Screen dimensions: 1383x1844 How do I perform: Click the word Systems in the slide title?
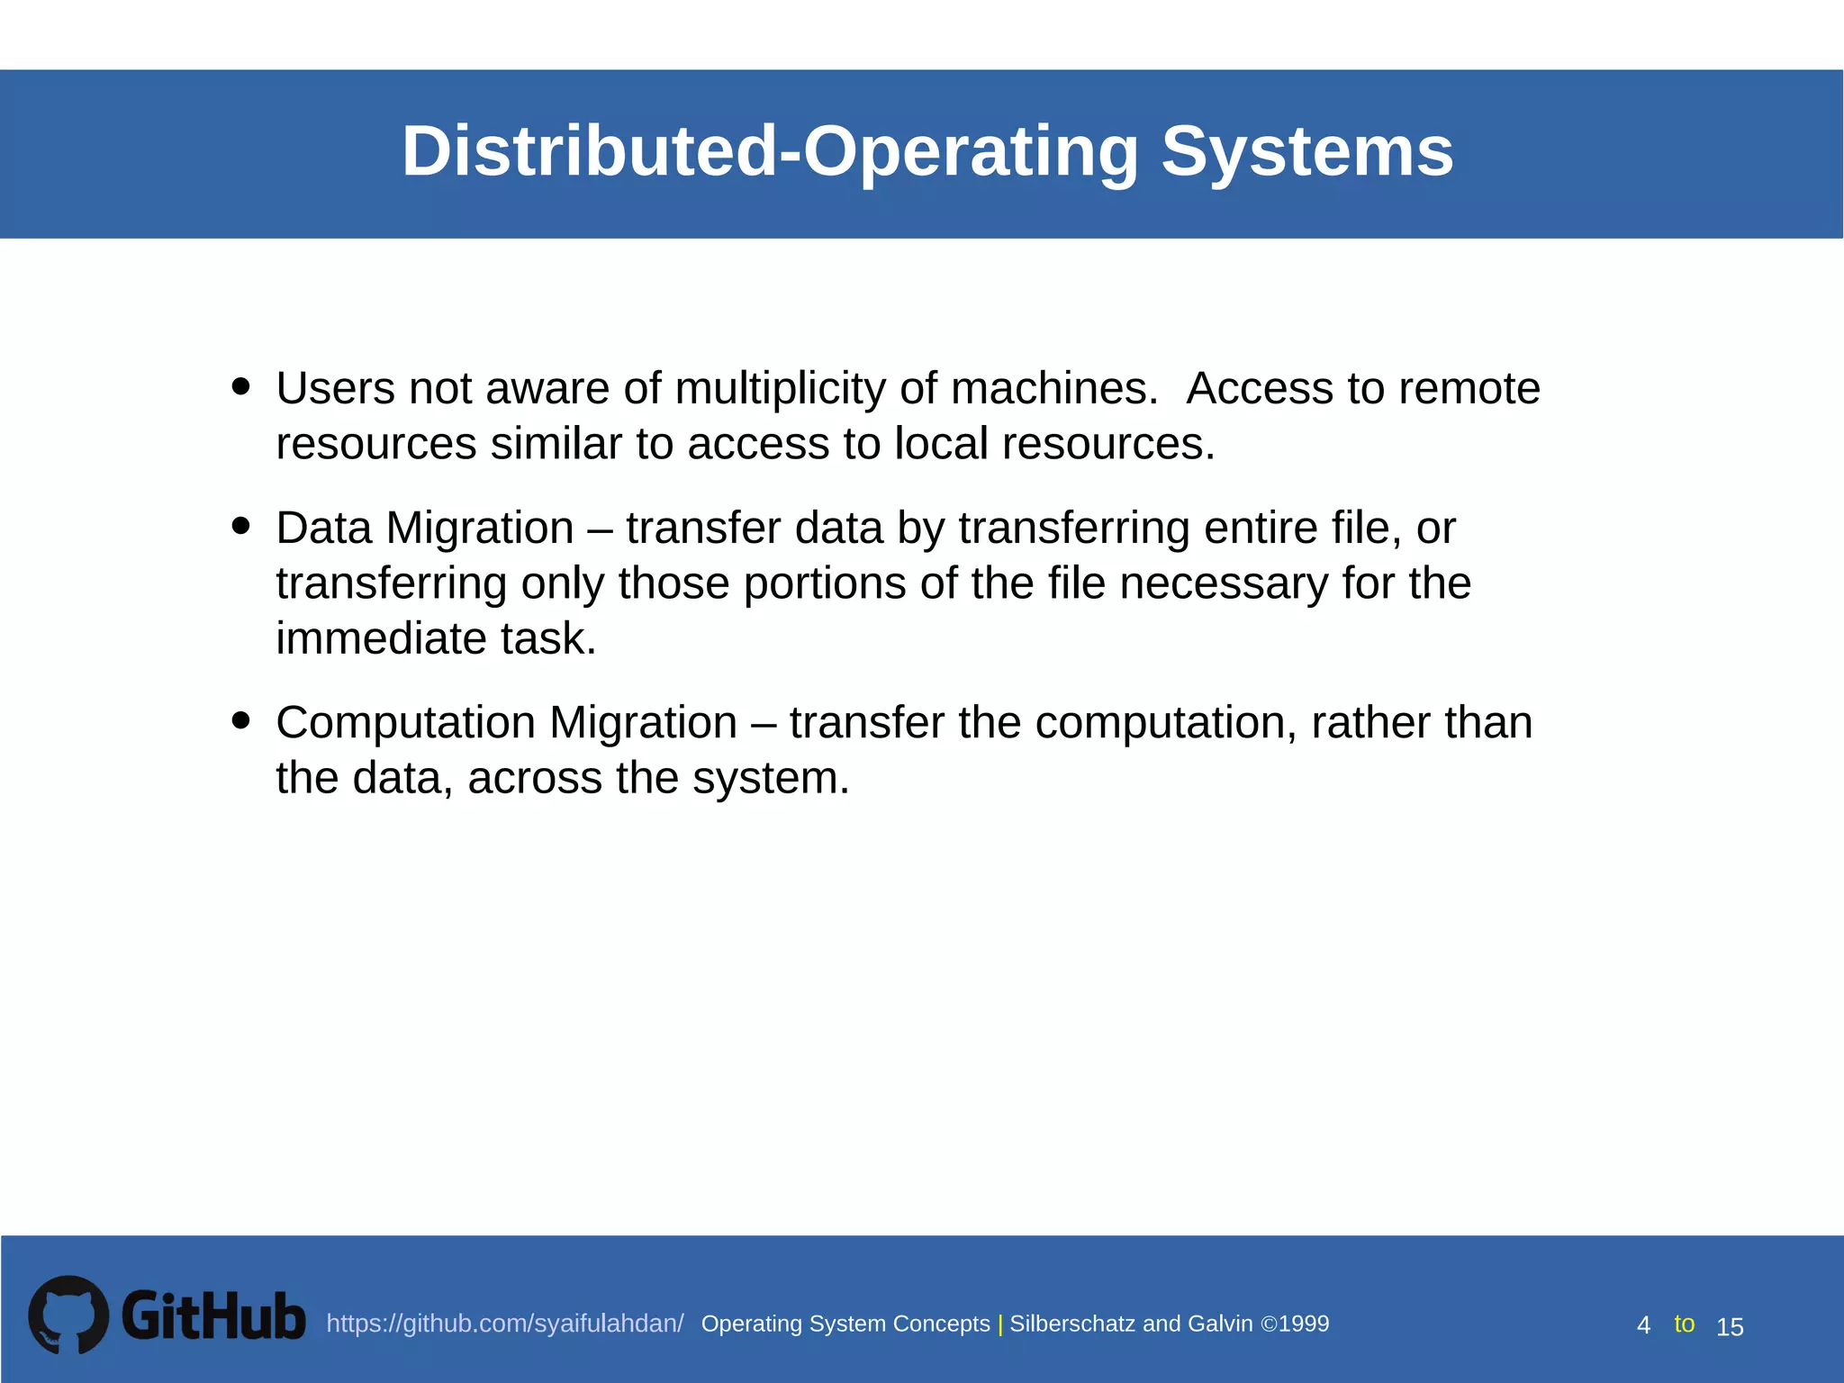click(x=1306, y=151)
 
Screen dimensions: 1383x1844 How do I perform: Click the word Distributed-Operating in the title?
click(x=771, y=151)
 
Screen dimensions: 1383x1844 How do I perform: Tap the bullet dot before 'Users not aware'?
click(x=240, y=386)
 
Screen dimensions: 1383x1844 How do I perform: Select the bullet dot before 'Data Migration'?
click(x=240, y=525)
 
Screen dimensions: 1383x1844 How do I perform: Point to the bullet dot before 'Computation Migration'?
click(x=240, y=720)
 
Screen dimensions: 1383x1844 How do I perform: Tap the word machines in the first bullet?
click(x=1053, y=389)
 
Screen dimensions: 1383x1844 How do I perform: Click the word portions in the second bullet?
click(x=824, y=583)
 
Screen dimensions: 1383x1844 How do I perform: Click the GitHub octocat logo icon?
click(x=68, y=1315)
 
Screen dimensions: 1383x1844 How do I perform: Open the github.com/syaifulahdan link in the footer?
click(x=504, y=1324)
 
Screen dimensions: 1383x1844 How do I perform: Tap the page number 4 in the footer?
click(x=1643, y=1326)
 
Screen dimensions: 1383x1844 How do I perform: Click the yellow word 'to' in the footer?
click(x=1684, y=1324)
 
